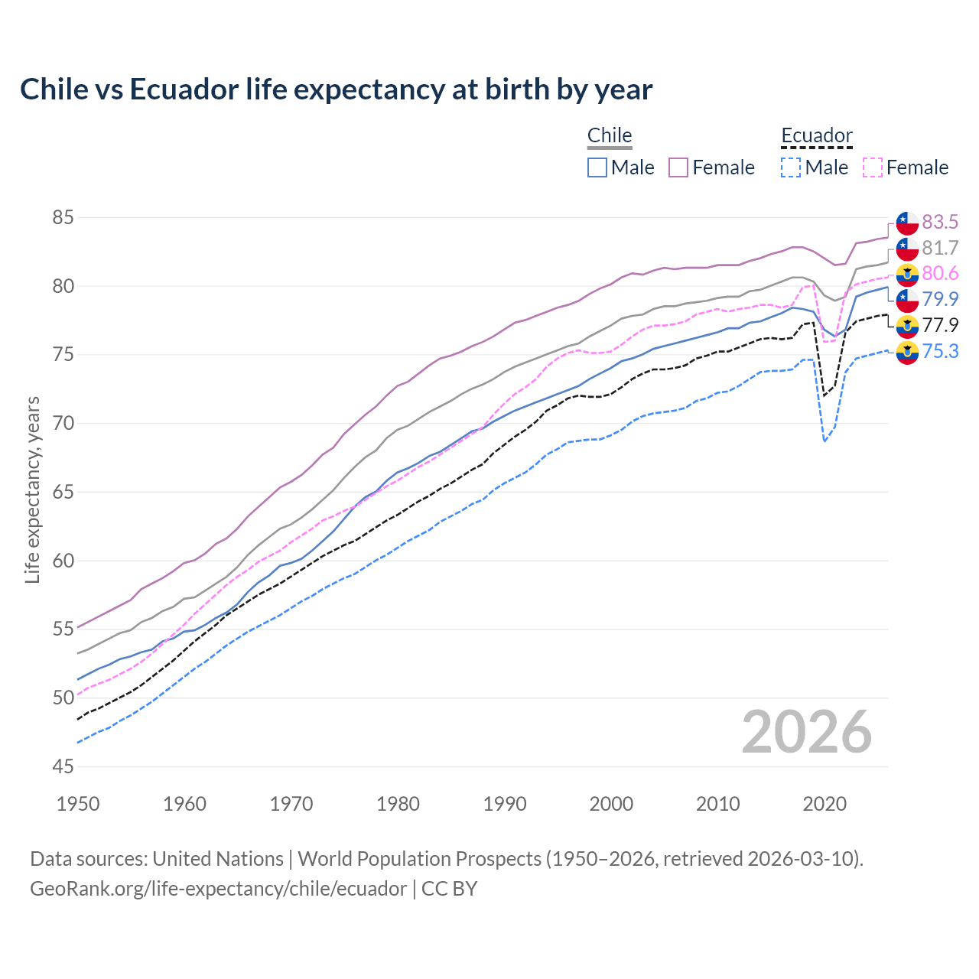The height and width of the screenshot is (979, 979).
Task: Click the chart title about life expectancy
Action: click(336, 89)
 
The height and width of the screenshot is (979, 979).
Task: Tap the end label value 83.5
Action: click(940, 222)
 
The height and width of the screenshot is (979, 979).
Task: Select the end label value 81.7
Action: click(940, 248)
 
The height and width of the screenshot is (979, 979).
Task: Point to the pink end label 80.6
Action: click(940, 273)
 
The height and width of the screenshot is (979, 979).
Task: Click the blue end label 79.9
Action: click(940, 299)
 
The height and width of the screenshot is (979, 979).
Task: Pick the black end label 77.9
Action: click(940, 325)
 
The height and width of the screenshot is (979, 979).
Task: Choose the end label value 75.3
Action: click(940, 351)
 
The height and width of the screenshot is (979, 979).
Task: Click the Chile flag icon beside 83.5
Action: click(907, 223)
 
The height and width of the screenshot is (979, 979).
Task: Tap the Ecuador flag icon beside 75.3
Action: click(907, 353)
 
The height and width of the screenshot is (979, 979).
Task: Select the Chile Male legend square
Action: click(597, 168)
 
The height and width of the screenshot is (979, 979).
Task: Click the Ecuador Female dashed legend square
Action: click(873, 168)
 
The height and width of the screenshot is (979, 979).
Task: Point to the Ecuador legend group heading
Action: click(816, 135)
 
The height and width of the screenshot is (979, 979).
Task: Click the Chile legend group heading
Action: click(610, 135)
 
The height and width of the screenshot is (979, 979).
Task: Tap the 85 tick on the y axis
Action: click(63, 218)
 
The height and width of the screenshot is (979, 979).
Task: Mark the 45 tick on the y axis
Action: click(63, 766)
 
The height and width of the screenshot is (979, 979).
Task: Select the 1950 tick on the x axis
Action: click(78, 804)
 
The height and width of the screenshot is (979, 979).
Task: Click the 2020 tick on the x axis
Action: click(825, 804)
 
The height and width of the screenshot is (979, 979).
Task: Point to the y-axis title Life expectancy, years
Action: click(32, 489)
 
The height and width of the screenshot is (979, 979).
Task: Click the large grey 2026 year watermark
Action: click(807, 732)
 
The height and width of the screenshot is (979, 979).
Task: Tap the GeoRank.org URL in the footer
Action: click(218, 889)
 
